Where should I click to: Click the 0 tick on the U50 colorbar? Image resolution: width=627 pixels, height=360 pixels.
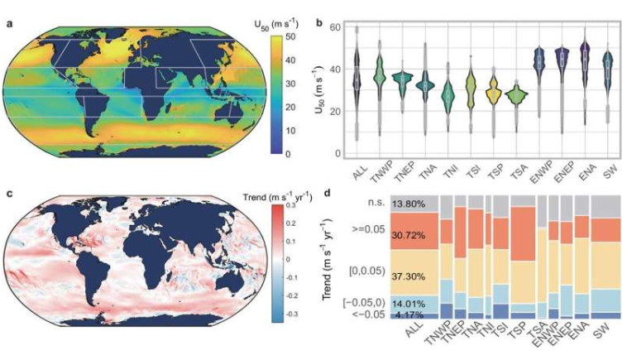[287, 154]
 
